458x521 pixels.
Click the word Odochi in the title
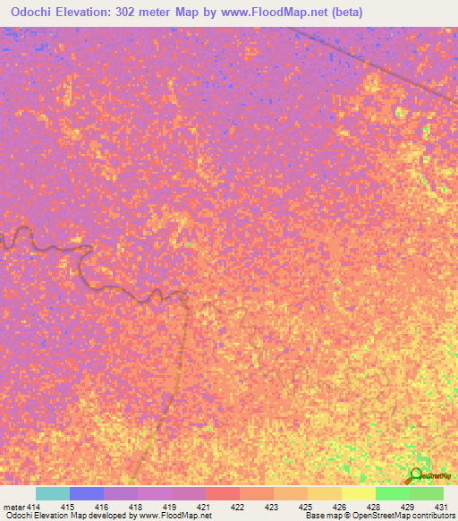click(x=36, y=13)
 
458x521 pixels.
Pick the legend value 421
click(x=205, y=507)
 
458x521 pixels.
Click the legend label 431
click(x=439, y=507)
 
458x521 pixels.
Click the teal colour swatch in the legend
click(x=53, y=493)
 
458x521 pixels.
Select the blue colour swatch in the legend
click(x=87, y=493)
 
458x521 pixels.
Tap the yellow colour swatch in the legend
click(x=358, y=493)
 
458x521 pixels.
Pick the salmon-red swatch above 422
click(x=222, y=493)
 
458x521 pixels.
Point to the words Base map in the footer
click(x=320, y=517)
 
